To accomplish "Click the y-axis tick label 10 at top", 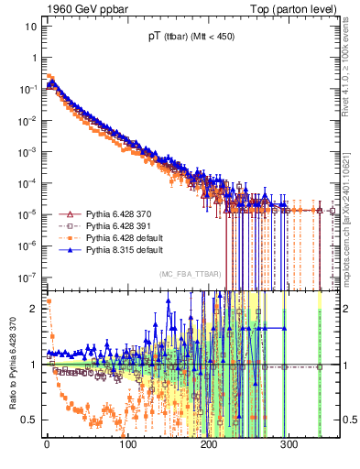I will pyautogui.click(x=27, y=26).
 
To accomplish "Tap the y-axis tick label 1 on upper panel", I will pyautogui.click(x=32, y=58).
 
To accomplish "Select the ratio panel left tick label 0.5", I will pyautogui.click(x=28, y=420).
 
